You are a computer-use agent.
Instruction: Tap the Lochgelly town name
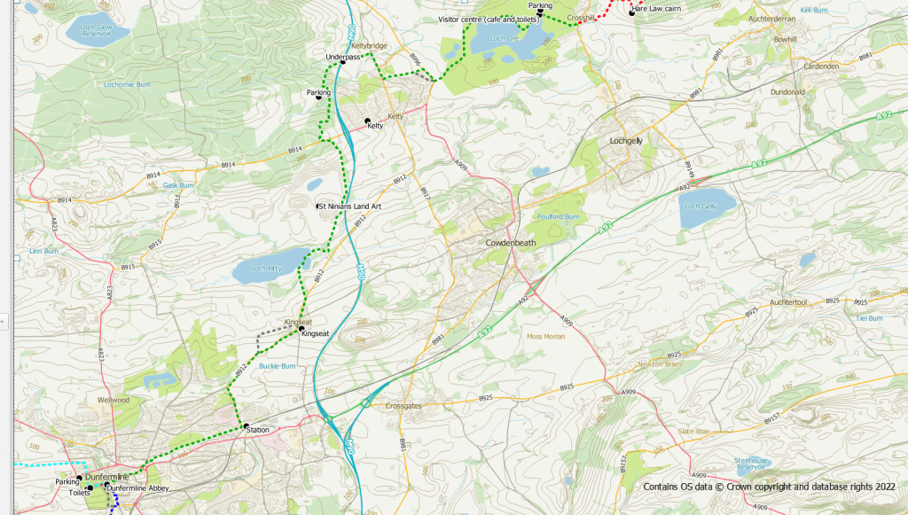tap(627, 141)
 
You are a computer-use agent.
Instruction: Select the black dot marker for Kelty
tap(367, 121)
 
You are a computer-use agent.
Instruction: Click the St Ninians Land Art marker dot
tap(319, 206)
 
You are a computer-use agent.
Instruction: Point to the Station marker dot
tap(247, 427)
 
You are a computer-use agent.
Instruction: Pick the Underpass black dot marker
tap(342, 62)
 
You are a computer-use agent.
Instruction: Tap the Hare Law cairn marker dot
tap(632, 12)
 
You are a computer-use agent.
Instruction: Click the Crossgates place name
tap(407, 406)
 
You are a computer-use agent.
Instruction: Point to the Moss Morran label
tap(546, 337)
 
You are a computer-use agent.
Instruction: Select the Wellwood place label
tap(113, 400)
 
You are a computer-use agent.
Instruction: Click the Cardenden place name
tap(820, 66)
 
